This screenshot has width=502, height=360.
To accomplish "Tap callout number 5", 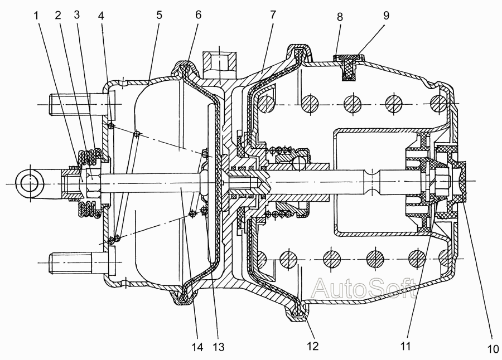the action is click(x=160, y=16).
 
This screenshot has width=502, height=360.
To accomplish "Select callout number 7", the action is click(x=273, y=14).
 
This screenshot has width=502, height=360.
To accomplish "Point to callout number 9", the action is click(x=386, y=16).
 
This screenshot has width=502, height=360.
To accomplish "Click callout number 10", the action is click(x=493, y=349).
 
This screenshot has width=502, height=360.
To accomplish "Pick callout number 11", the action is click(x=406, y=346).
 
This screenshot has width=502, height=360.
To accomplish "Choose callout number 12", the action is click(x=313, y=346).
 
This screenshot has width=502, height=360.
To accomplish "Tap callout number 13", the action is click(x=219, y=347).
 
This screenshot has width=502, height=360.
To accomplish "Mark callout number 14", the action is click(x=197, y=347).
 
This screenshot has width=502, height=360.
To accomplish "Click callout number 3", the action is click(x=76, y=14).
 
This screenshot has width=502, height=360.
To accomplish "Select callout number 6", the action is click(x=199, y=14).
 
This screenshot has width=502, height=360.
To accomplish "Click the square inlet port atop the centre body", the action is click(x=219, y=64).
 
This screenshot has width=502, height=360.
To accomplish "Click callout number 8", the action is click(x=340, y=17).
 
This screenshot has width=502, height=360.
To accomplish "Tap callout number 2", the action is click(x=58, y=16).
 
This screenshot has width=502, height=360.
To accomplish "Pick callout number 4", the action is click(x=101, y=16).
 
